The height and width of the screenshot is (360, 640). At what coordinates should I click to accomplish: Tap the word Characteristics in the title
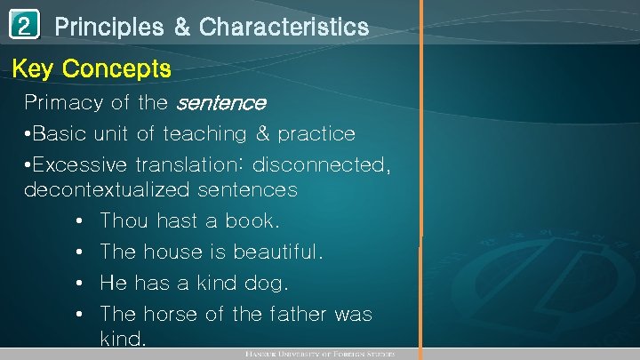(284, 28)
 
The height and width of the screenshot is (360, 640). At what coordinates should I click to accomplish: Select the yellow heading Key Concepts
(92, 68)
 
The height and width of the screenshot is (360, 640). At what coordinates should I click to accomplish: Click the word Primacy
(63, 103)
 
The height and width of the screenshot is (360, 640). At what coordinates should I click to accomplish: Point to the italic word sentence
(220, 103)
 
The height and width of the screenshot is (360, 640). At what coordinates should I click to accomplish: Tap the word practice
(316, 134)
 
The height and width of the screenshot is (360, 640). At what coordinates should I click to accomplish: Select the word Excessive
(82, 165)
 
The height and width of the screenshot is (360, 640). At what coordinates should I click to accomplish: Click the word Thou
(125, 220)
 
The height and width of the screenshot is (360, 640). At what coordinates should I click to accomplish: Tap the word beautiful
(278, 252)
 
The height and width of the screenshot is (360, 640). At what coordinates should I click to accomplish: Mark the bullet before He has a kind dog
(80, 284)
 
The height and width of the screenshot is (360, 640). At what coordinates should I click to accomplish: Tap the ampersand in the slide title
(181, 28)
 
